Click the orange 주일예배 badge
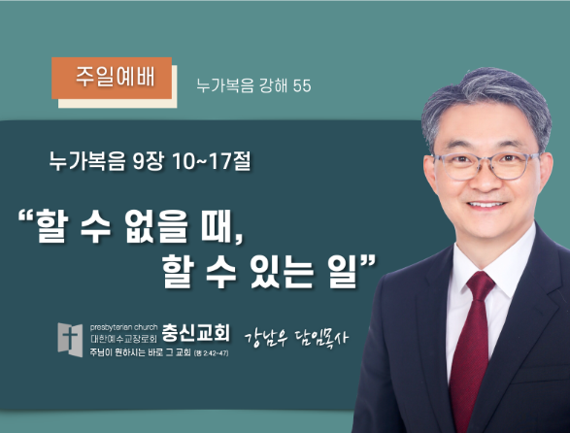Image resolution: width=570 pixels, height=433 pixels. (112, 79)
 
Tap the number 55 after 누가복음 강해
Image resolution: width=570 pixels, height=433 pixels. (302, 85)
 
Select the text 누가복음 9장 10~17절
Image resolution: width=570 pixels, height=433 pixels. (151, 161)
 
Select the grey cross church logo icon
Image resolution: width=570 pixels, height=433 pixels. (70, 340)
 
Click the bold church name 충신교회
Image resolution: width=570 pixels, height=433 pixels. (195, 332)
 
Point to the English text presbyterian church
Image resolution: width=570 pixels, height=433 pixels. (123, 327)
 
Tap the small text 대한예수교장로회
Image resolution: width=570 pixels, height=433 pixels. (123, 339)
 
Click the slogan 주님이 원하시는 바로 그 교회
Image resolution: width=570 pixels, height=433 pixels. (141, 352)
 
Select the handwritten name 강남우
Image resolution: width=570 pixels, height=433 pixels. (266, 338)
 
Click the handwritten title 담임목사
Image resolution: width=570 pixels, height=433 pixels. (321, 338)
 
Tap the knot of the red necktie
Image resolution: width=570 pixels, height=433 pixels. (481, 285)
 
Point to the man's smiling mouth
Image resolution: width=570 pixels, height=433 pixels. (486, 206)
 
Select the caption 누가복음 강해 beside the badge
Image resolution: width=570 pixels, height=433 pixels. (242, 85)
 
